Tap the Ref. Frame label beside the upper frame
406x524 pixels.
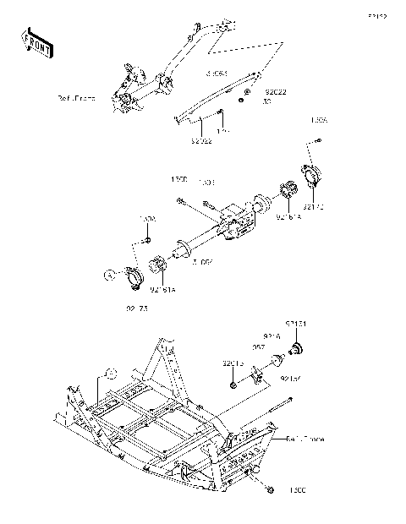(100, 99)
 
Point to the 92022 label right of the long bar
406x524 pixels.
(276, 90)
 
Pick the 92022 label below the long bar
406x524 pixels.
(201, 141)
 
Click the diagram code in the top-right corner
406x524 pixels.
(376, 16)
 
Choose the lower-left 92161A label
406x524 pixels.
(163, 291)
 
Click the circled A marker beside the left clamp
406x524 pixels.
(109, 275)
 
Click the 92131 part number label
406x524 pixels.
(296, 324)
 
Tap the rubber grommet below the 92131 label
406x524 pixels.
(298, 347)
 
